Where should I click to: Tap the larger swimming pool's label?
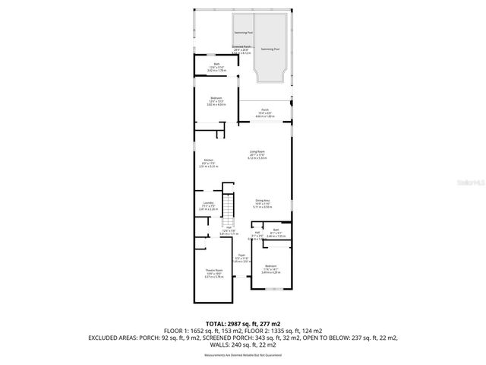click(270, 49)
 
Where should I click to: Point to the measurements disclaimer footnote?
click(242, 355)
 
